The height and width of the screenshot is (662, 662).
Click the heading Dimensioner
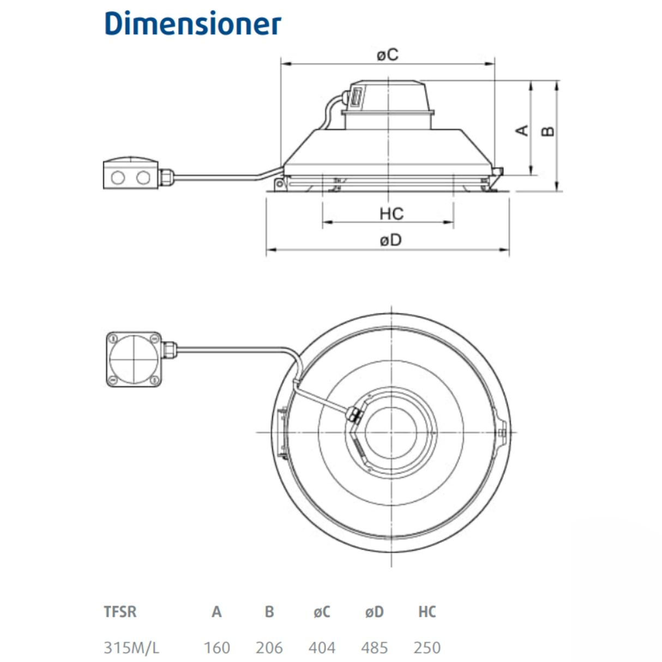click(x=192, y=24)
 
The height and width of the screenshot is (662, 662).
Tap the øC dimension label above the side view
click(x=388, y=55)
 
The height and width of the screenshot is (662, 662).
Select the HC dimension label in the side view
click(x=391, y=213)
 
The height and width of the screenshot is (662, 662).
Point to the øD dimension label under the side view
click(x=390, y=240)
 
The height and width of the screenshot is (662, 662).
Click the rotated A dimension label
click(x=522, y=130)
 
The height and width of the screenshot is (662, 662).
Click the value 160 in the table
click(x=217, y=648)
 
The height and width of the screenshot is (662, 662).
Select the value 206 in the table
click(x=269, y=648)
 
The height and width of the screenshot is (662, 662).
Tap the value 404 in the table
click(x=322, y=648)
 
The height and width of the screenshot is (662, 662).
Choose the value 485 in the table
click(x=375, y=648)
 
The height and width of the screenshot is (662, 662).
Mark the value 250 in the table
click(x=427, y=648)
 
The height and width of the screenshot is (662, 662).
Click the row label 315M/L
click(x=131, y=648)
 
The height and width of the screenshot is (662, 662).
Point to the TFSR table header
click(x=120, y=612)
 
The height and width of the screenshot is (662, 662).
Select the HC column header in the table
click(x=427, y=612)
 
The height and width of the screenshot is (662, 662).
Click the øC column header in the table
click(x=322, y=612)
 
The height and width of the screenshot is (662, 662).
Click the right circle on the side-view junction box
click(x=143, y=177)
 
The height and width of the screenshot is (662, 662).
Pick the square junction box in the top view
click(x=134, y=359)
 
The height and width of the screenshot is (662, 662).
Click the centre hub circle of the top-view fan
click(x=392, y=432)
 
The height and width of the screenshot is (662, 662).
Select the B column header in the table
click(x=269, y=612)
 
